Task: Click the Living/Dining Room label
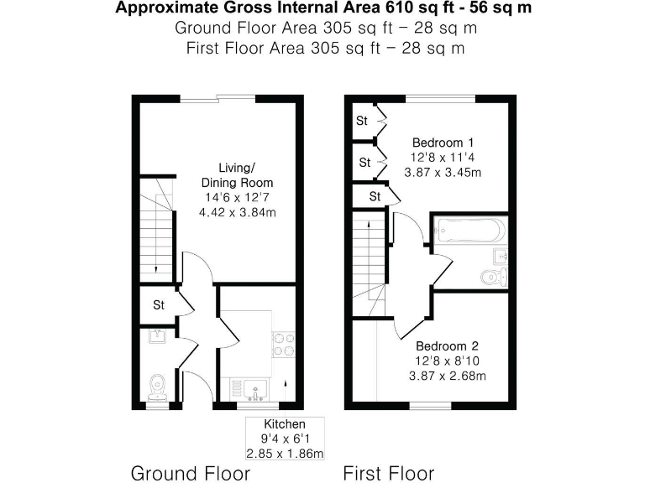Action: pos(237,174)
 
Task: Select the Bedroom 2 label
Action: pos(447,345)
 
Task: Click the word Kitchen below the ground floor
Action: pos(285,424)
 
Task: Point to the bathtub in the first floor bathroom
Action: pos(468,229)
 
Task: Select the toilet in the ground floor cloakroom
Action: pos(156,385)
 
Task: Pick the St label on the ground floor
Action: pos(158,305)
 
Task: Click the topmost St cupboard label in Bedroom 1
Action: pos(362,121)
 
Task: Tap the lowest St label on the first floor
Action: pos(375,196)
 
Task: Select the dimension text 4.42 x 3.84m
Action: pos(237,212)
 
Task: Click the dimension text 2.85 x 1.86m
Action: pos(285,453)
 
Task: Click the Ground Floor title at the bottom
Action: pos(190,473)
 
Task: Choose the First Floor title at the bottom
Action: pos(388,473)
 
